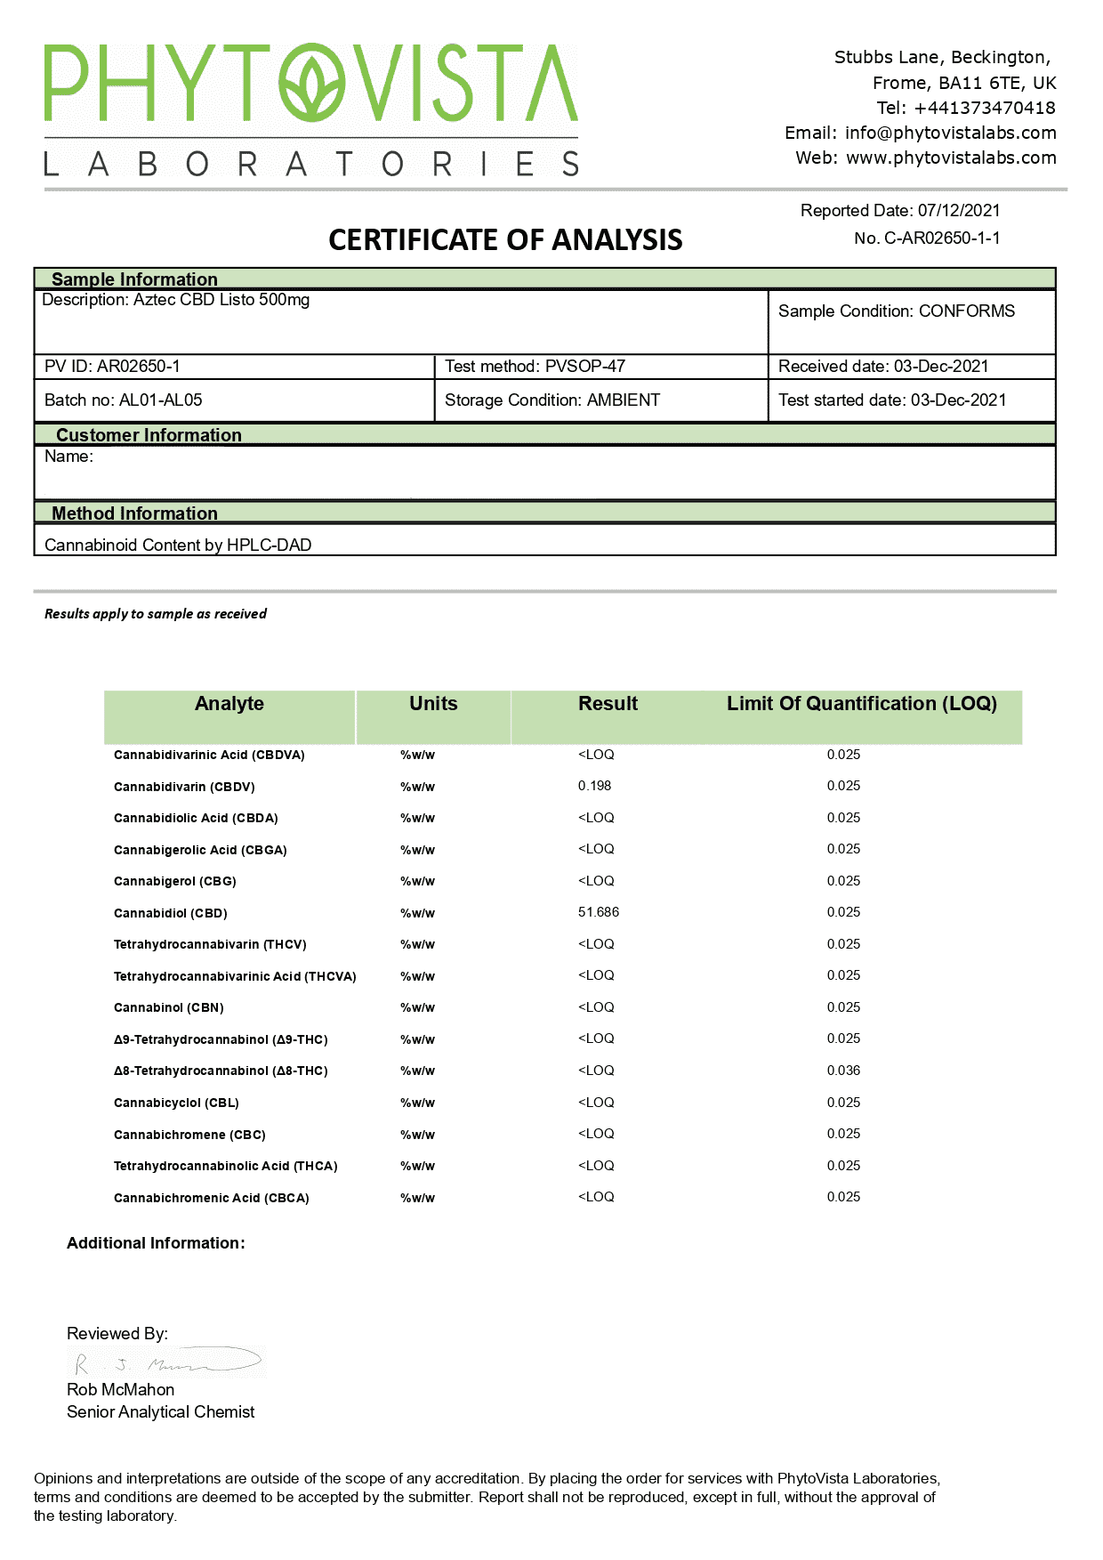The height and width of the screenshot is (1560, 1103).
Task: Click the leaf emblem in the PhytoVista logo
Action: pos(310,84)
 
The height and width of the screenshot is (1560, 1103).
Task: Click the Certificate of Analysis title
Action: pos(505,239)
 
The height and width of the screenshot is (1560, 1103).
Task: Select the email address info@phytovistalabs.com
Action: pos(950,133)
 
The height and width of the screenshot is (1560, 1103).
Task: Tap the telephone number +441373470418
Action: pos(984,108)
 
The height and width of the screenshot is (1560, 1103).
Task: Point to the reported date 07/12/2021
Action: pos(959,211)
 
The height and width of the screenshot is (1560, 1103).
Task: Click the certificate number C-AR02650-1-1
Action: pos(942,238)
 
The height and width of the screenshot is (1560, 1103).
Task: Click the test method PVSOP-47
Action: pos(584,366)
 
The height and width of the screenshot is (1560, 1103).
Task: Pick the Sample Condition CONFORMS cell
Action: pos(896,311)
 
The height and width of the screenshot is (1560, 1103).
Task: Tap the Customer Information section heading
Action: pos(149,434)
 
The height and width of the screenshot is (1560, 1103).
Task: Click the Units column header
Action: pos(433,703)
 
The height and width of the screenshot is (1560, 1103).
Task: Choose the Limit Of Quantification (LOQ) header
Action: pos(861,703)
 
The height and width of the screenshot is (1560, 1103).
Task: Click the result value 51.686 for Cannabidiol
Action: pos(599,912)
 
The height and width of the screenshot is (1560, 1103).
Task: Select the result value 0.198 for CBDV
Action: pos(594,786)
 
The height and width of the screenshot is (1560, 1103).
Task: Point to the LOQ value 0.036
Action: pos(843,1071)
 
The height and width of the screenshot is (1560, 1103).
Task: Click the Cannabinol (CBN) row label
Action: pos(169,1007)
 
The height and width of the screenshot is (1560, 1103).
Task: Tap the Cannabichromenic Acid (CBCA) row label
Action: pos(212,1198)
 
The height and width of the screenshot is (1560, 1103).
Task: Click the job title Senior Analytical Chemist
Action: pos(160,1411)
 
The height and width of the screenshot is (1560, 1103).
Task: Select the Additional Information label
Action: pos(156,1243)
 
